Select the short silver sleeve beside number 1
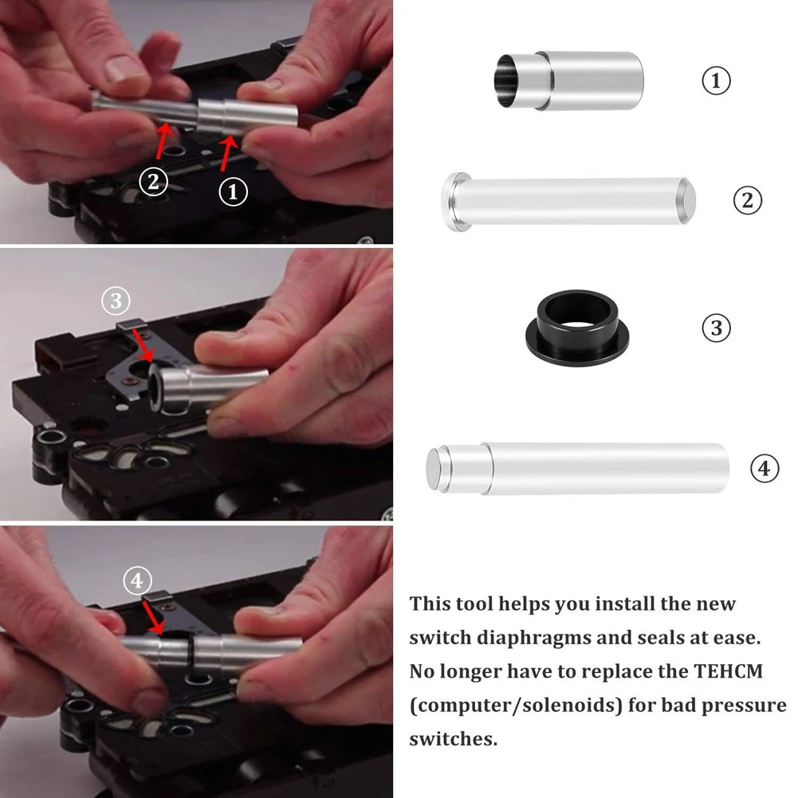(569, 81)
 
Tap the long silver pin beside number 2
(568, 202)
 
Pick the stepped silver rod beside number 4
(578, 468)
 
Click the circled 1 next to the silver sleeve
(716, 81)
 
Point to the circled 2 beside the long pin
(748, 200)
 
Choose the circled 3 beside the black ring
(716, 328)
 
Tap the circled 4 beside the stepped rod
(765, 468)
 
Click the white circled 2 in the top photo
(153, 181)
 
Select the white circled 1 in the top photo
(233, 192)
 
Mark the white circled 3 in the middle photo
(116, 301)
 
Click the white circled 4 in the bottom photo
(137, 580)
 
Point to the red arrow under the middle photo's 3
(143, 345)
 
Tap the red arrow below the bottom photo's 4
(153, 618)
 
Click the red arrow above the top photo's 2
(163, 141)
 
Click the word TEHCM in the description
(729, 671)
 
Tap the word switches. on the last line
(454, 739)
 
